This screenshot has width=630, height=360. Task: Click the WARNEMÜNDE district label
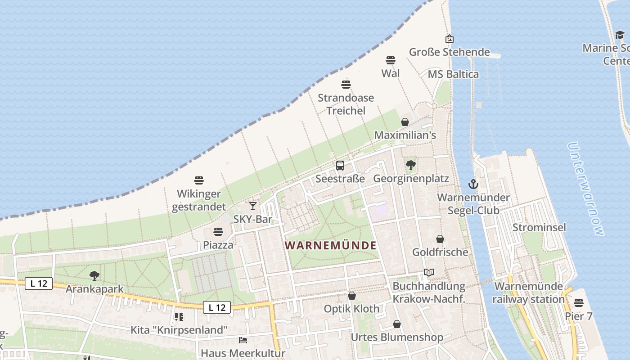(x=331, y=246)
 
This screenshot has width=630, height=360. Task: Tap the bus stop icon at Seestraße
(x=340, y=166)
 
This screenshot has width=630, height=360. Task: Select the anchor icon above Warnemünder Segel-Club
(x=473, y=184)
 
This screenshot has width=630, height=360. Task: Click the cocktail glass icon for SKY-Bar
(x=253, y=206)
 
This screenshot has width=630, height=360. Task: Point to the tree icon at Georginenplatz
(x=410, y=165)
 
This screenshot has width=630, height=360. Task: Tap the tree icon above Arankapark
(x=94, y=275)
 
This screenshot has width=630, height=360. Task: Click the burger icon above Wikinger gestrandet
(x=199, y=180)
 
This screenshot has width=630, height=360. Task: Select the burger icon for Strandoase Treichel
(x=346, y=84)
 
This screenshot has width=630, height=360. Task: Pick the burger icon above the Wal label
(x=390, y=60)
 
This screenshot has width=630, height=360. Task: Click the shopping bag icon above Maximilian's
(x=405, y=122)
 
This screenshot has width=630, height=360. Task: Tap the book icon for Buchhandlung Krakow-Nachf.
(x=428, y=273)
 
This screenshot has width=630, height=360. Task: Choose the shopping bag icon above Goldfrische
(x=440, y=239)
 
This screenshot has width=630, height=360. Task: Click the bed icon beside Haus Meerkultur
(x=243, y=340)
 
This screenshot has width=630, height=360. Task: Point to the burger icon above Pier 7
(x=578, y=303)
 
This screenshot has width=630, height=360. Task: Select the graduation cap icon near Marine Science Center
(x=620, y=35)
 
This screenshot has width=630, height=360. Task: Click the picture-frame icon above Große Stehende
(x=449, y=39)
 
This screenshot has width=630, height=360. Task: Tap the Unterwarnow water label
(x=585, y=189)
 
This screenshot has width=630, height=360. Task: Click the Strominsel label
(x=539, y=227)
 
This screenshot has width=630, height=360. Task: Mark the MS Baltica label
(x=453, y=74)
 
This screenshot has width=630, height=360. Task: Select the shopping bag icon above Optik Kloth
(x=351, y=296)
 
